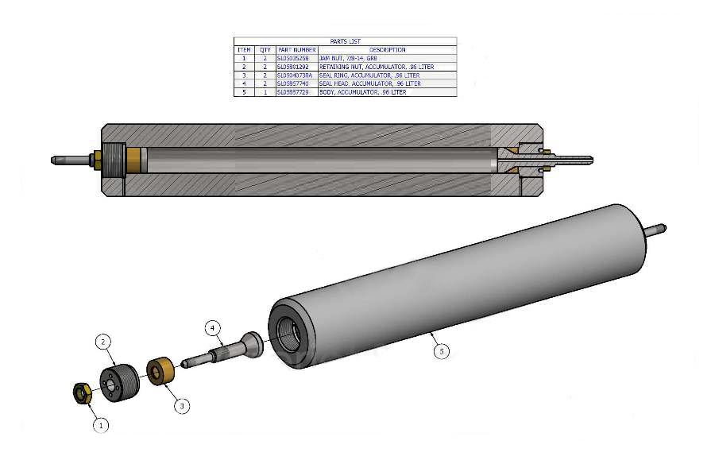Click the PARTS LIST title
[345, 41]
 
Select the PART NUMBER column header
[296, 49]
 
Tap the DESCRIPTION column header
[387, 49]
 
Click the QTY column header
[265, 49]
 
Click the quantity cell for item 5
[265, 92]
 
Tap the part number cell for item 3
[296, 75]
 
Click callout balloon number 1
[100, 425]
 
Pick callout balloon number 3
[182, 405]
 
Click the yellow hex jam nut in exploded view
[81, 392]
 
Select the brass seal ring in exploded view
[161, 372]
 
